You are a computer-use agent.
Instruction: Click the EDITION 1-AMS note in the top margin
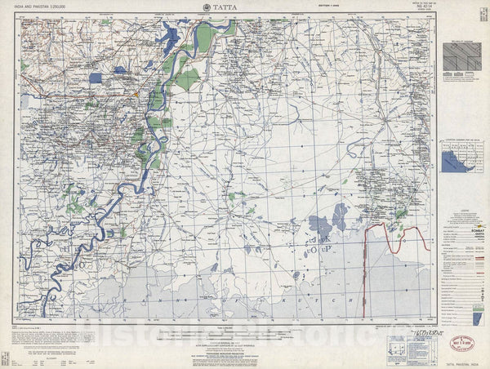[x=303, y=9]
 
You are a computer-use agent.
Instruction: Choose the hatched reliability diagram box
[x=462, y=60]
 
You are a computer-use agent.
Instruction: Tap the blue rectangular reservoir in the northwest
[x=96, y=78]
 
